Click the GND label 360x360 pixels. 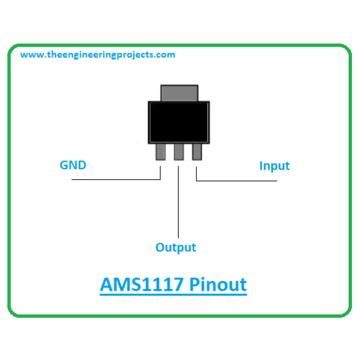pos(73,165)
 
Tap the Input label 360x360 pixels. pos(274,166)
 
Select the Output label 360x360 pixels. pos(176,247)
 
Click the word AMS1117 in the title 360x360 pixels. pos(142,284)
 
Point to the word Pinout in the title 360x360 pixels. pos(218,284)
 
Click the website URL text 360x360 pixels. pos(98,55)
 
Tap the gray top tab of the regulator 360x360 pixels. pos(179,93)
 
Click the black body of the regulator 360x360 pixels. pos(179,122)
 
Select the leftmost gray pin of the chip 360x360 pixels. pos(160,152)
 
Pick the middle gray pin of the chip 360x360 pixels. pos(179,152)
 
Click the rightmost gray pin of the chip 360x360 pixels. pos(197,152)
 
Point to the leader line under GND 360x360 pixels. pos(116,180)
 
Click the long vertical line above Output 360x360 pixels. pos(178,202)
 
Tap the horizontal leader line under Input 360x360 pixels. pos(237,181)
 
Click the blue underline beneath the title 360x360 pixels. pos(173,294)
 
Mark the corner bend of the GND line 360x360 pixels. pos(160,180)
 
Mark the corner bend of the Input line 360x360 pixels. pos(196,181)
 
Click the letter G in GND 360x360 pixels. pos(64,165)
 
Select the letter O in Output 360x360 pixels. pos(160,247)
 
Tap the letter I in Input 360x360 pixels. pos(261,165)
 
